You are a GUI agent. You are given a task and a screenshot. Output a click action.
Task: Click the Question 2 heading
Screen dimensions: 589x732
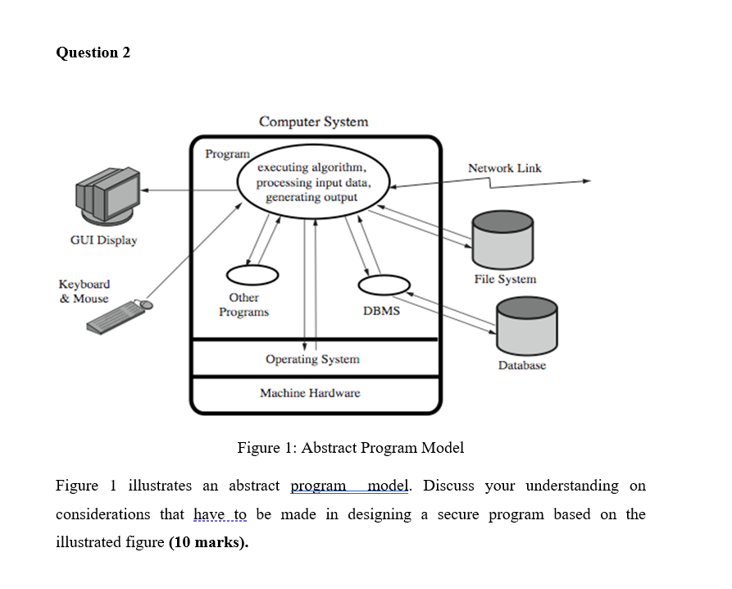[x=93, y=53]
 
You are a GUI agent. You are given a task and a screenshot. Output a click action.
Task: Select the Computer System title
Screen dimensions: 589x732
[x=314, y=121]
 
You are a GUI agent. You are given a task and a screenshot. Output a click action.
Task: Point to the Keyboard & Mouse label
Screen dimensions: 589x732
[x=84, y=291]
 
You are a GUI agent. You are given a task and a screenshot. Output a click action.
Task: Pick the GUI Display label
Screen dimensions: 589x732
[x=103, y=240]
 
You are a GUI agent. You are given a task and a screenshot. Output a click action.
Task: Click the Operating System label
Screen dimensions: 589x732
[x=312, y=359]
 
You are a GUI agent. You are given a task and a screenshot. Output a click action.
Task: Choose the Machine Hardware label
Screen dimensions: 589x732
[x=310, y=393]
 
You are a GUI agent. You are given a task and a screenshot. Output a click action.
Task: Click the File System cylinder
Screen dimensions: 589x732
[x=502, y=238]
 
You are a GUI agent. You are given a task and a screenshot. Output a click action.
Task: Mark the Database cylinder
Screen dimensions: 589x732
[x=526, y=325]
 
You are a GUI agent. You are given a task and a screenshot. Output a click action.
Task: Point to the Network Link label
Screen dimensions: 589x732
[x=504, y=168]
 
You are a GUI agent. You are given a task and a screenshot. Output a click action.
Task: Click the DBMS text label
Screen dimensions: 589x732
[x=381, y=311]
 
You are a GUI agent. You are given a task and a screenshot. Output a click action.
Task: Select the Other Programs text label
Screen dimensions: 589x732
[x=243, y=305]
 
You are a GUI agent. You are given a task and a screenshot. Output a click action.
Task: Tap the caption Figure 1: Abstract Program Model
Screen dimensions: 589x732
[x=350, y=448]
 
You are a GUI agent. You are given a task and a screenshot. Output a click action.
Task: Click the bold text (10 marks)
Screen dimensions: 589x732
[x=208, y=543]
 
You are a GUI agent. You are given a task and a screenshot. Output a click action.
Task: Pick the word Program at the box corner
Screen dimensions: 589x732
[x=227, y=153]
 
